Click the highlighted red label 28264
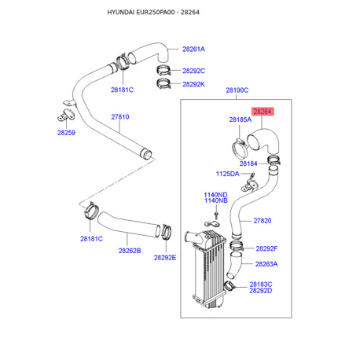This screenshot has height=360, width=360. pos(263,112)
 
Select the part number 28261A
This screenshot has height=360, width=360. pos(193,50)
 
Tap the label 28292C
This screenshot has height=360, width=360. pos(193,71)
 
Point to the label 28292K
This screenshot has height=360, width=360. pos(193,84)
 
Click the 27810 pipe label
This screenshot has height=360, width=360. pos(120,117)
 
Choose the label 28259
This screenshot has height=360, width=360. pos(66,133)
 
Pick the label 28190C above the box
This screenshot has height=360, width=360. pos(237,90)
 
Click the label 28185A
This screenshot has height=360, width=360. pos(241,119)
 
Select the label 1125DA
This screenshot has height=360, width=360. pos(227,174)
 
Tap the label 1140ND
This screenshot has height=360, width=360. pos(215,195)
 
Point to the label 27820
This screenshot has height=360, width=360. pos(263,221)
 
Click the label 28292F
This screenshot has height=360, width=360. pos(266,248)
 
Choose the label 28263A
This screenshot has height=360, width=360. pos(266,264)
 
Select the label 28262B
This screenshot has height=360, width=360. pos(130,251)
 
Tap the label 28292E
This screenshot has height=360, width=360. pos(165,258)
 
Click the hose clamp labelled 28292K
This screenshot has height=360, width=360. pos(163,84)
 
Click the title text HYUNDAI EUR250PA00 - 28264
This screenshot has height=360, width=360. pos(153,13)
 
